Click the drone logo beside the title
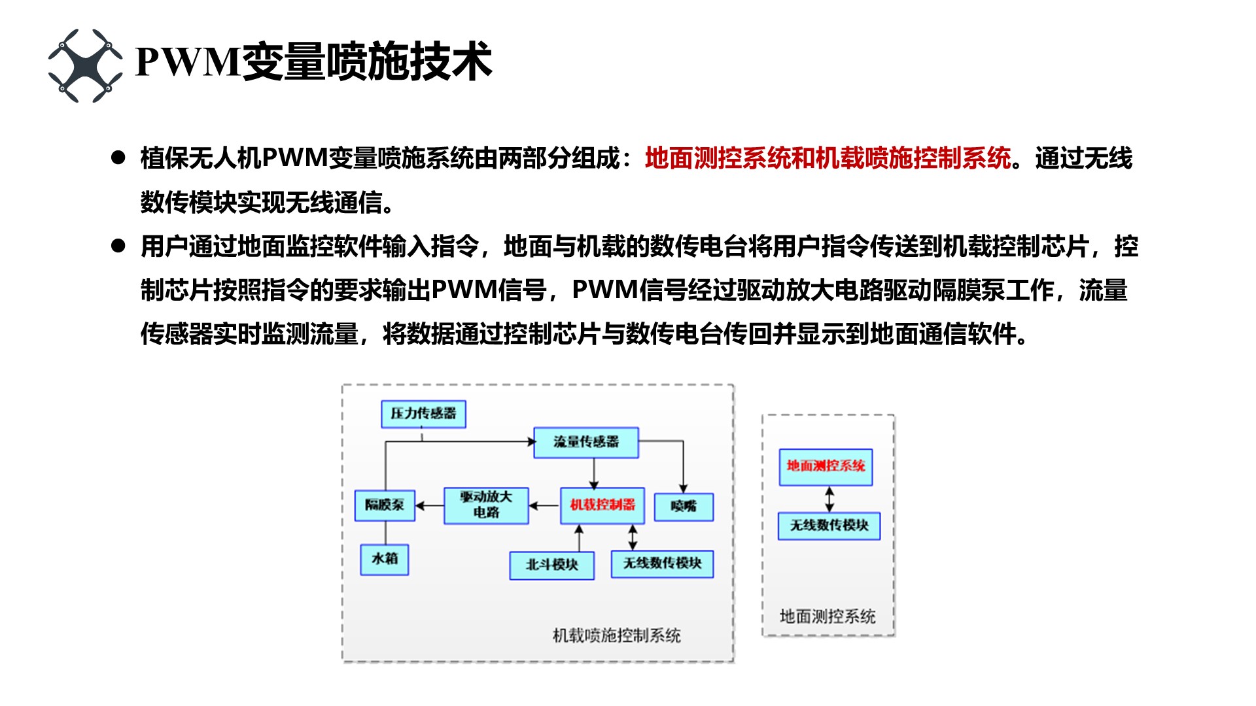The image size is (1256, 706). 85,65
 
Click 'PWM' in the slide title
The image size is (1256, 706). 188,62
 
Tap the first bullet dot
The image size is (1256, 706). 118,158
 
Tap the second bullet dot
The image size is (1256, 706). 118,246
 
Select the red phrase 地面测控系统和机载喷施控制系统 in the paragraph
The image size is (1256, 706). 828,158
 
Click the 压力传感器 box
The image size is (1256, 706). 423,414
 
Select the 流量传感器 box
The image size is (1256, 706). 585,443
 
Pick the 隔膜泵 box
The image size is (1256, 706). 385,505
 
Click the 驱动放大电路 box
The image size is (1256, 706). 486,505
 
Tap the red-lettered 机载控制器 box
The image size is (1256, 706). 602,505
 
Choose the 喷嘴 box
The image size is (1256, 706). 684,507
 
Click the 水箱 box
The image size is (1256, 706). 385,560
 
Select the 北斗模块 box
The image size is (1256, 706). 551,565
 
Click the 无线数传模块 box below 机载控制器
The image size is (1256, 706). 662,564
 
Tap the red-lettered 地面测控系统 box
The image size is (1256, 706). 826,467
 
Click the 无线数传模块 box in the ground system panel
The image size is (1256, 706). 829,526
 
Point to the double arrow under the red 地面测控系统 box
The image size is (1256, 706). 829,499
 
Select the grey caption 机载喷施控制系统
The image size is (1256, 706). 616,635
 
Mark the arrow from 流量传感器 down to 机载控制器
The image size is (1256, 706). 594,473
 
